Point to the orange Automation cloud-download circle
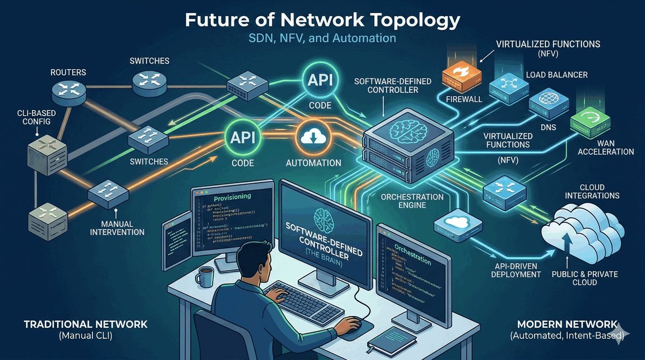pyautogui.click(x=311, y=139)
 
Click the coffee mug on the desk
pyautogui.click(x=204, y=277)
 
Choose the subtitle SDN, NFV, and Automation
pyautogui.click(x=322, y=38)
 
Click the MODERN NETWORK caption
pyautogui.click(x=567, y=325)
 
